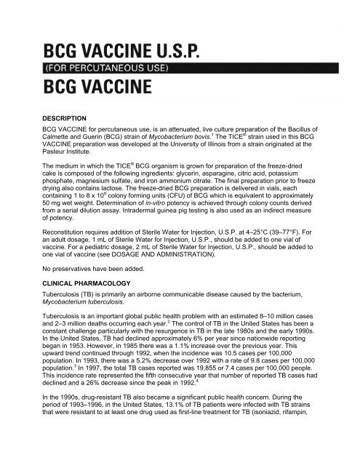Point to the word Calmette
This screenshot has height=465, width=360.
point(60,137)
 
